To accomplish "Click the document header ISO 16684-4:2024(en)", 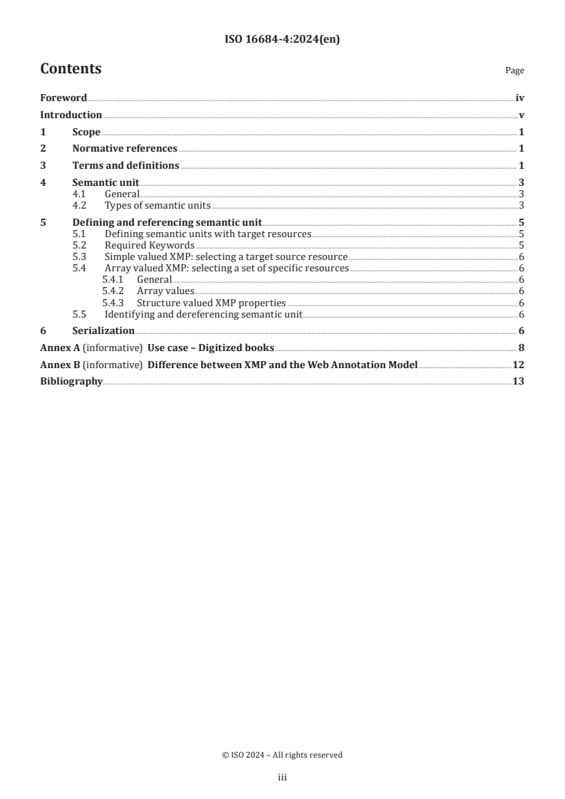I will pyautogui.click(x=282, y=40).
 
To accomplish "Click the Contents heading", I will pyautogui.click(x=71, y=69).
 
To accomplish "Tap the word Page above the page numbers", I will pyautogui.click(x=514, y=71).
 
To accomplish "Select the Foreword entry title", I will pyautogui.click(x=63, y=98).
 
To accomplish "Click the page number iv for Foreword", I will pyautogui.click(x=519, y=98).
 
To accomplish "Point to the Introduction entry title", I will pyautogui.click(x=71, y=115).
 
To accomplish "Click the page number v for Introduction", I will pyautogui.click(x=522, y=115).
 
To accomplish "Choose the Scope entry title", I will pyautogui.click(x=86, y=132).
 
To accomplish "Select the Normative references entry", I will pyautogui.click(x=125, y=149).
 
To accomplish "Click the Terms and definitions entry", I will pyautogui.click(x=125, y=166).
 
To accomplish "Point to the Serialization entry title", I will pyautogui.click(x=103, y=331).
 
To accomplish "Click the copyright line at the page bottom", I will pyautogui.click(x=282, y=755).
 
